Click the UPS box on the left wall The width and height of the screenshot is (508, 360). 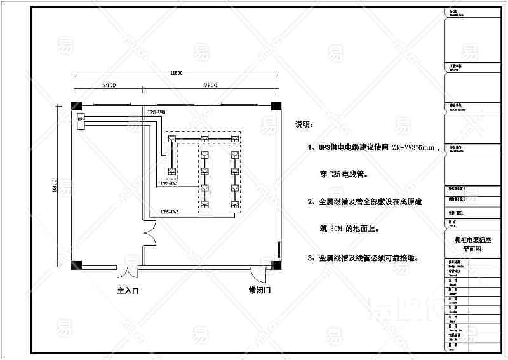(81, 119)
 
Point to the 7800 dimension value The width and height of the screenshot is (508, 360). (211, 85)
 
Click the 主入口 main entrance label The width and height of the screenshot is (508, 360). (128, 291)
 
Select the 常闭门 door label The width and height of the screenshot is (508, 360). (260, 291)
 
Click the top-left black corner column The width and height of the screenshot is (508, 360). (76, 105)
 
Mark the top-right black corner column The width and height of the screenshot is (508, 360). (276, 105)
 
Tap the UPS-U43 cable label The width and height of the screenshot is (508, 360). (157, 112)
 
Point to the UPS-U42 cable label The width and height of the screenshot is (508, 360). (169, 211)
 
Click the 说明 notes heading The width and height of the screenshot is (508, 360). (305, 124)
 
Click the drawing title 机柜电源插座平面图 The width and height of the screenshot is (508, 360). (471, 244)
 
